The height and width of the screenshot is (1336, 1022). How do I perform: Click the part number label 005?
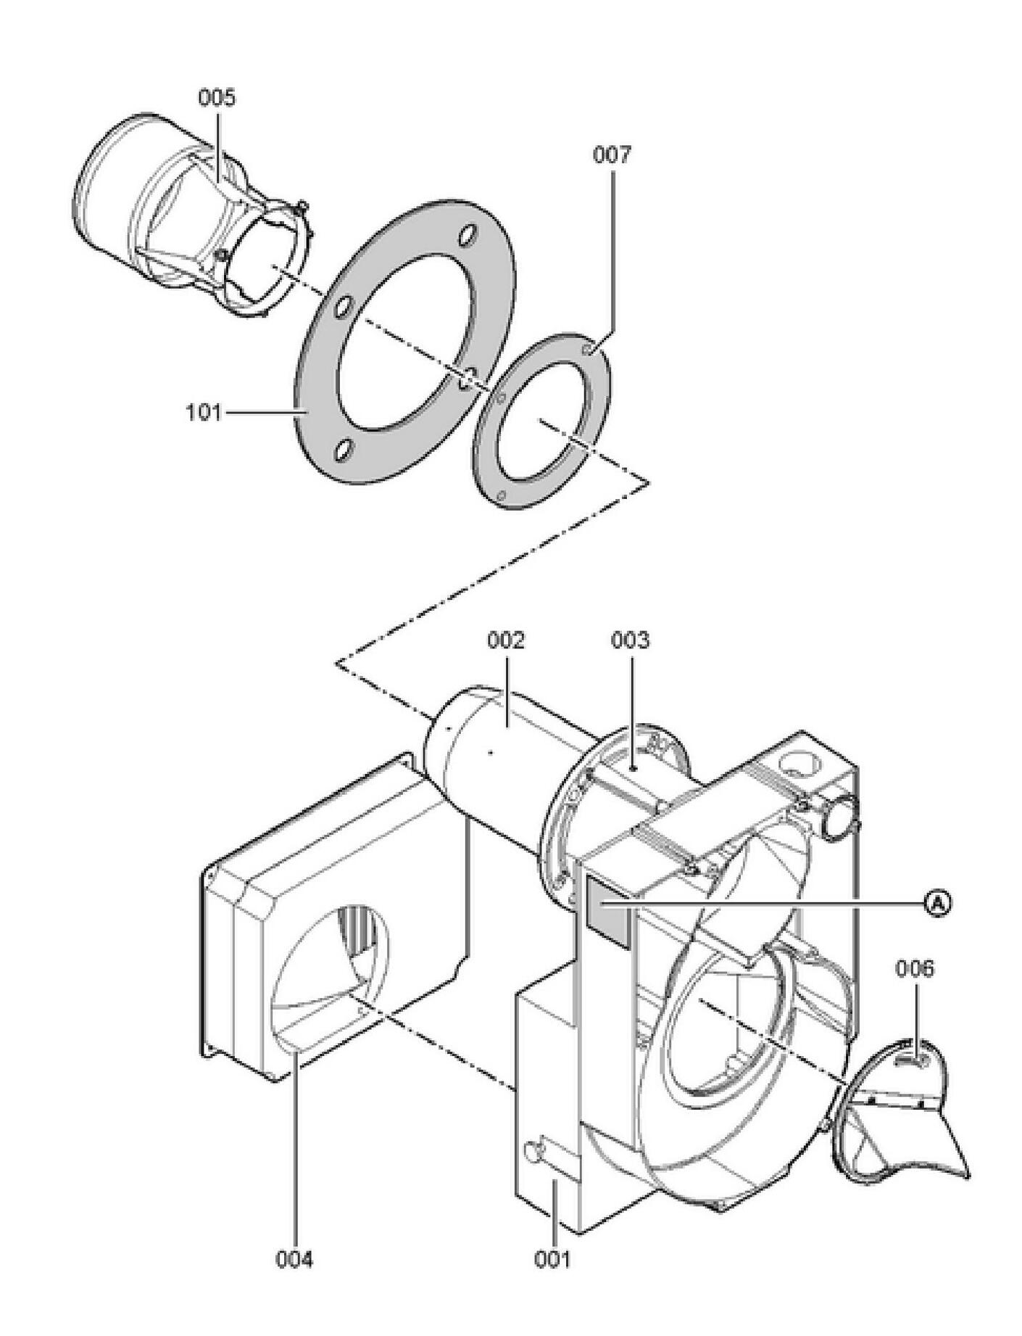pyautogui.click(x=217, y=97)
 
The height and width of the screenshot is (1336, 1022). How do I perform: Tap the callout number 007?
pyautogui.click(x=612, y=154)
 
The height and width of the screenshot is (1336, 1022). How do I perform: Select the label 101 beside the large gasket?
pyautogui.click(x=204, y=413)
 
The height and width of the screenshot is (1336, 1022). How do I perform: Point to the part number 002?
pyautogui.click(x=505, y=640)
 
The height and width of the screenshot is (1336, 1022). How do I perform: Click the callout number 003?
pyautogui.click(x=630, y=640)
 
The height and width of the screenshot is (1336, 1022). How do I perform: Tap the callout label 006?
pyautogui.click(x=915, y=969)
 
